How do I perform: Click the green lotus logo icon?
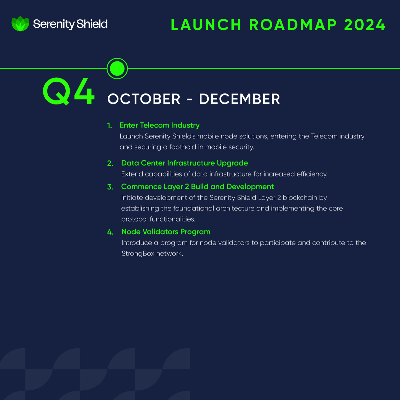tap(20, 24)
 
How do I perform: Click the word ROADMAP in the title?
tap(293, 25)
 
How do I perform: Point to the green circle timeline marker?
tap(117, 68)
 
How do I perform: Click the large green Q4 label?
tap(69, 92)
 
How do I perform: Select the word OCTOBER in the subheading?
tap(144, 99)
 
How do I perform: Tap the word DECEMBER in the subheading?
tap(240, 99)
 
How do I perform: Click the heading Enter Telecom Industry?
tap(159, 125)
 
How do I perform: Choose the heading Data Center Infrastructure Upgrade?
tap(184, 163)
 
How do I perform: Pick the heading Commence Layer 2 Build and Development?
tap(197, 186)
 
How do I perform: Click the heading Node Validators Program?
tap(166, 232)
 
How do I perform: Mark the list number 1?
tap(109, 125)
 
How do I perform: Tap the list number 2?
tap(110, 163)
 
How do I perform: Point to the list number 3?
tap(110, 187)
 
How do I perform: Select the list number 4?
tap(110, 232)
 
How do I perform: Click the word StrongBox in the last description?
tap(138, 253)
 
